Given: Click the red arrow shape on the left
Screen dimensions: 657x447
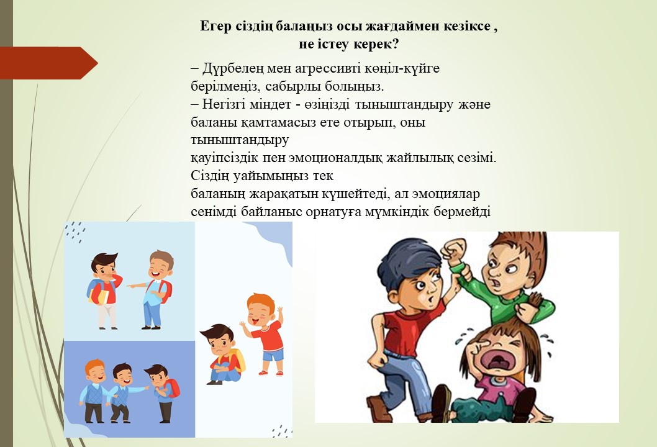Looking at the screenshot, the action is coord(48,63).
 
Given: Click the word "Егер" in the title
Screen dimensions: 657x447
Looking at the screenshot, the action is coord(215,27).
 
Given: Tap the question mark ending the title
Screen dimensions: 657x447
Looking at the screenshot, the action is coord(395,44).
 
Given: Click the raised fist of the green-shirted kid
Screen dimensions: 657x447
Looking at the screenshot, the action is coord(453,251).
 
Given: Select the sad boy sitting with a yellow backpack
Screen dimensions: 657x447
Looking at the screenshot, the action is coord(223,354).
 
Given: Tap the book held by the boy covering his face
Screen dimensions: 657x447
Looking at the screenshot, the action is coord(99,296).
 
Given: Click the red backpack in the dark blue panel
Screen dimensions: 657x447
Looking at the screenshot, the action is coord(172,388).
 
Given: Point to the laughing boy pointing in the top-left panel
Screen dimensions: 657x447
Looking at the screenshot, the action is coord(154,289).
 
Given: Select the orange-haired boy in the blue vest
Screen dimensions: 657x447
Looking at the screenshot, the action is coord(94,391).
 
